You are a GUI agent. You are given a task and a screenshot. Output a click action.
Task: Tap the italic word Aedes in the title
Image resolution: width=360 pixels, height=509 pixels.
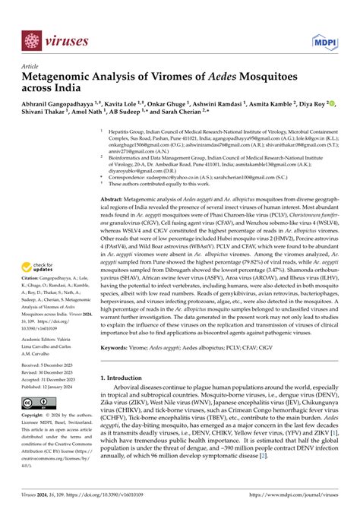(216, 77)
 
